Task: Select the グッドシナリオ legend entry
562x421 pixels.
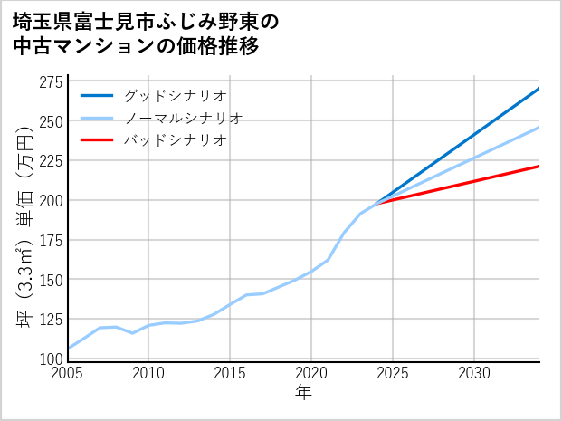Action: [x=175, y=95]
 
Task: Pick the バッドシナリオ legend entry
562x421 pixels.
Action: [x=175, y=140]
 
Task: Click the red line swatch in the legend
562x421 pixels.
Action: [x=98, y=140]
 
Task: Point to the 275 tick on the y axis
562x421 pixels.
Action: [x=51, y=82]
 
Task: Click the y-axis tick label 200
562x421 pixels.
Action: [x=51, y=200]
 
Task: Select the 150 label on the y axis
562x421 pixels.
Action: [x=51, y=279]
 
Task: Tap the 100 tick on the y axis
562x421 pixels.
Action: [x=51, y=359]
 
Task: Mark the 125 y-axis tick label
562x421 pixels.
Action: [x=51, y=319]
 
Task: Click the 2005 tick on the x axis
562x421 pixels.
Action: [x=68, y=373]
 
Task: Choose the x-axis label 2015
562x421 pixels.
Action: [x=230, y=373]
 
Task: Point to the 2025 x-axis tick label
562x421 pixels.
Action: [x=393, y=373]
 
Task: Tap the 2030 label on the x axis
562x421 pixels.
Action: [x=474, y=373]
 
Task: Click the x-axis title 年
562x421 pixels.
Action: [x=303, y=392]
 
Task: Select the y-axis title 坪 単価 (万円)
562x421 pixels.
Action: [x=24, y=221]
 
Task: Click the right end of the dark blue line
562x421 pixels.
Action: [x=538, y=89]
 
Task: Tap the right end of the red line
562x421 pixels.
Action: [x=538, y=167]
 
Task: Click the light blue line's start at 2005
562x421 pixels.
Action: [x=68, y=349]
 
